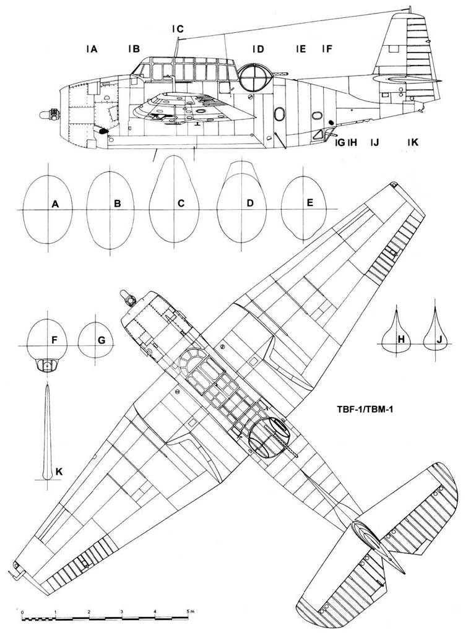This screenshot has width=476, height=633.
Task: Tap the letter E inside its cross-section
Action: pyautogui.click(x=309, y=202)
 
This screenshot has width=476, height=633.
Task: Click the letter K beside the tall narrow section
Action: pyautogui.click(x=59, y=472)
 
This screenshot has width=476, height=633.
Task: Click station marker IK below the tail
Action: pyautogui.click(x=413, y=142)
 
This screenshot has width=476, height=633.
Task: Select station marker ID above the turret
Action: pyautogui.click(x=258, y=49)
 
